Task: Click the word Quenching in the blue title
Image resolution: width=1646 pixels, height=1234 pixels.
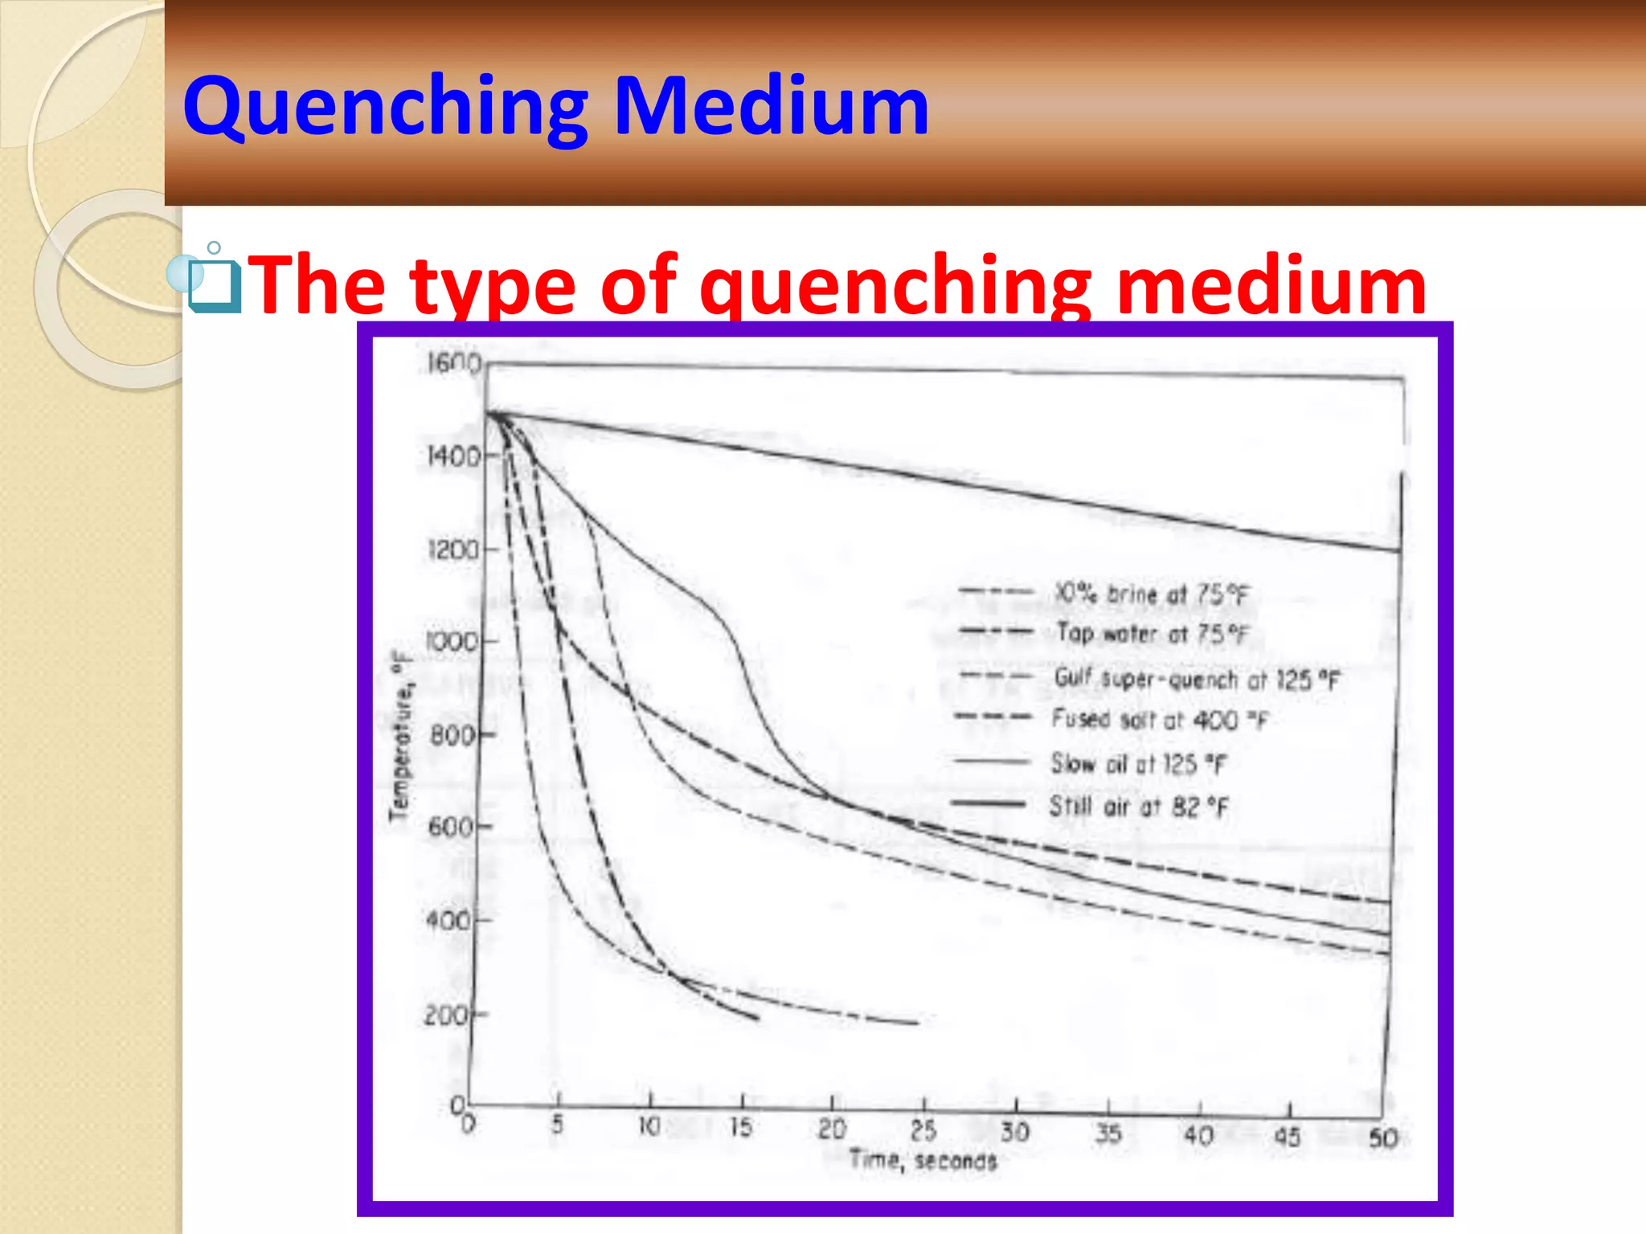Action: [386, 107]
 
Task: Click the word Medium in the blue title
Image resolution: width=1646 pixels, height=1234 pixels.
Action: [772, 107]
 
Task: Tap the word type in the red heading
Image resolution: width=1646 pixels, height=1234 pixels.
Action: [493, 285]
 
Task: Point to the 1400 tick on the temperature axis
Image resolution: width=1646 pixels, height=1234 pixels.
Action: [452, 457]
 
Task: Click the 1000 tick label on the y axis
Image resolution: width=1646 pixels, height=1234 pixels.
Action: [451, 642]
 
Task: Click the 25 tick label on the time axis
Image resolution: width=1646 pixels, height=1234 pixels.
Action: [923, 1131]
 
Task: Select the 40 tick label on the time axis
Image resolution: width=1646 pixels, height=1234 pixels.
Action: [1198, 1135]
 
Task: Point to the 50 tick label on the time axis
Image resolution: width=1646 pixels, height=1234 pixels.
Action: [1383, 1138]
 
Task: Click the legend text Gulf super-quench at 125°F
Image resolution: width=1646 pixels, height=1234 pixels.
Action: [1197, 679]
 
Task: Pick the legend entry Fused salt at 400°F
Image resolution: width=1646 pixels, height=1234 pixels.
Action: [1159, 719]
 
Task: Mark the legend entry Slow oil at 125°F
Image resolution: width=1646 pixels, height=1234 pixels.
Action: [1139, 763]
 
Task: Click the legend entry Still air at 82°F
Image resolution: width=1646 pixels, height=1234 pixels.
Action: [1139, 806]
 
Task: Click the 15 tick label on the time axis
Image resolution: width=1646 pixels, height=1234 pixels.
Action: [741, 1127]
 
